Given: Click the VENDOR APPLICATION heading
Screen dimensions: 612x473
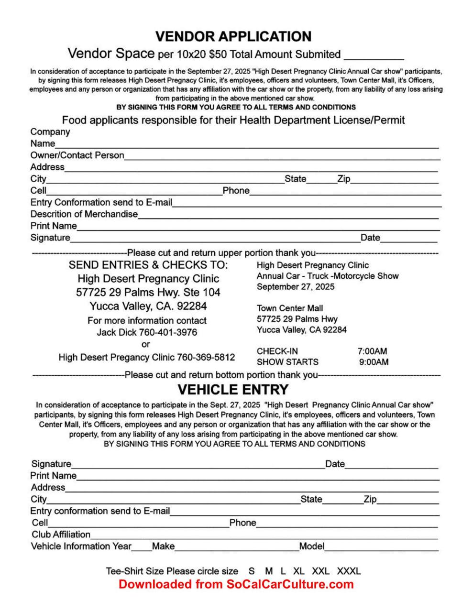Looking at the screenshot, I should (233, 36).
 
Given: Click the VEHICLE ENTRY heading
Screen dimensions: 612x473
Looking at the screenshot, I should (233, 389).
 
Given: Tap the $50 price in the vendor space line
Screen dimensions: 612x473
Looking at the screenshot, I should (218, 54).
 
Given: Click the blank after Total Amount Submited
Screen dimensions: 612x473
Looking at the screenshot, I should (374, 55).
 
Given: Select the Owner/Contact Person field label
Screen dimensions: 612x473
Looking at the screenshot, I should (77, 155).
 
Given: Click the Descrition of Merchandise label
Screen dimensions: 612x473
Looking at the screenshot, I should (84, 214).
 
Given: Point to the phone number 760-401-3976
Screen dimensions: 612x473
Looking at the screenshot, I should (168, 332).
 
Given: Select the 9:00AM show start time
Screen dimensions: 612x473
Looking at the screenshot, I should (374, 362).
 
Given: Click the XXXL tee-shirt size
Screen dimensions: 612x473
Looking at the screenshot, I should (349, 571).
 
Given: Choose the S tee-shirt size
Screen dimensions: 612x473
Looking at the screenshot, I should (252, 571).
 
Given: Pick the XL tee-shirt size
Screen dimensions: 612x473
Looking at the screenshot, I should (299, 571).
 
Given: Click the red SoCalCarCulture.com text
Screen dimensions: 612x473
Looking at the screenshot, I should (290, 584).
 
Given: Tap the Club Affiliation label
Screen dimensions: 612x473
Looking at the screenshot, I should (61, 535).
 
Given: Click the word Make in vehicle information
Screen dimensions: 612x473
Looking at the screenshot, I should (163, 546).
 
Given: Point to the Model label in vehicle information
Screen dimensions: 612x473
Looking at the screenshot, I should (312, 546).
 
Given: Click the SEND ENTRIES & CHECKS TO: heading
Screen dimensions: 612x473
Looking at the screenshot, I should (148, 265).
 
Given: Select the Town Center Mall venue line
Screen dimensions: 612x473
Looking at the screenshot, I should (289, 308).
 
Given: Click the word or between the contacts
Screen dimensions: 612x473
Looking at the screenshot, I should (146, 344).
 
